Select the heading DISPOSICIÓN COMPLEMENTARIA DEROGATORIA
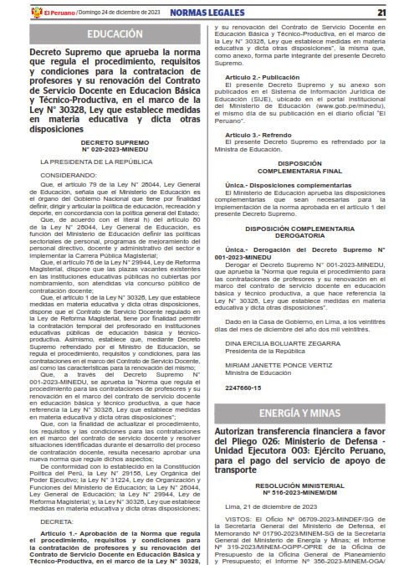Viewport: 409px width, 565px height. click(299, 235)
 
